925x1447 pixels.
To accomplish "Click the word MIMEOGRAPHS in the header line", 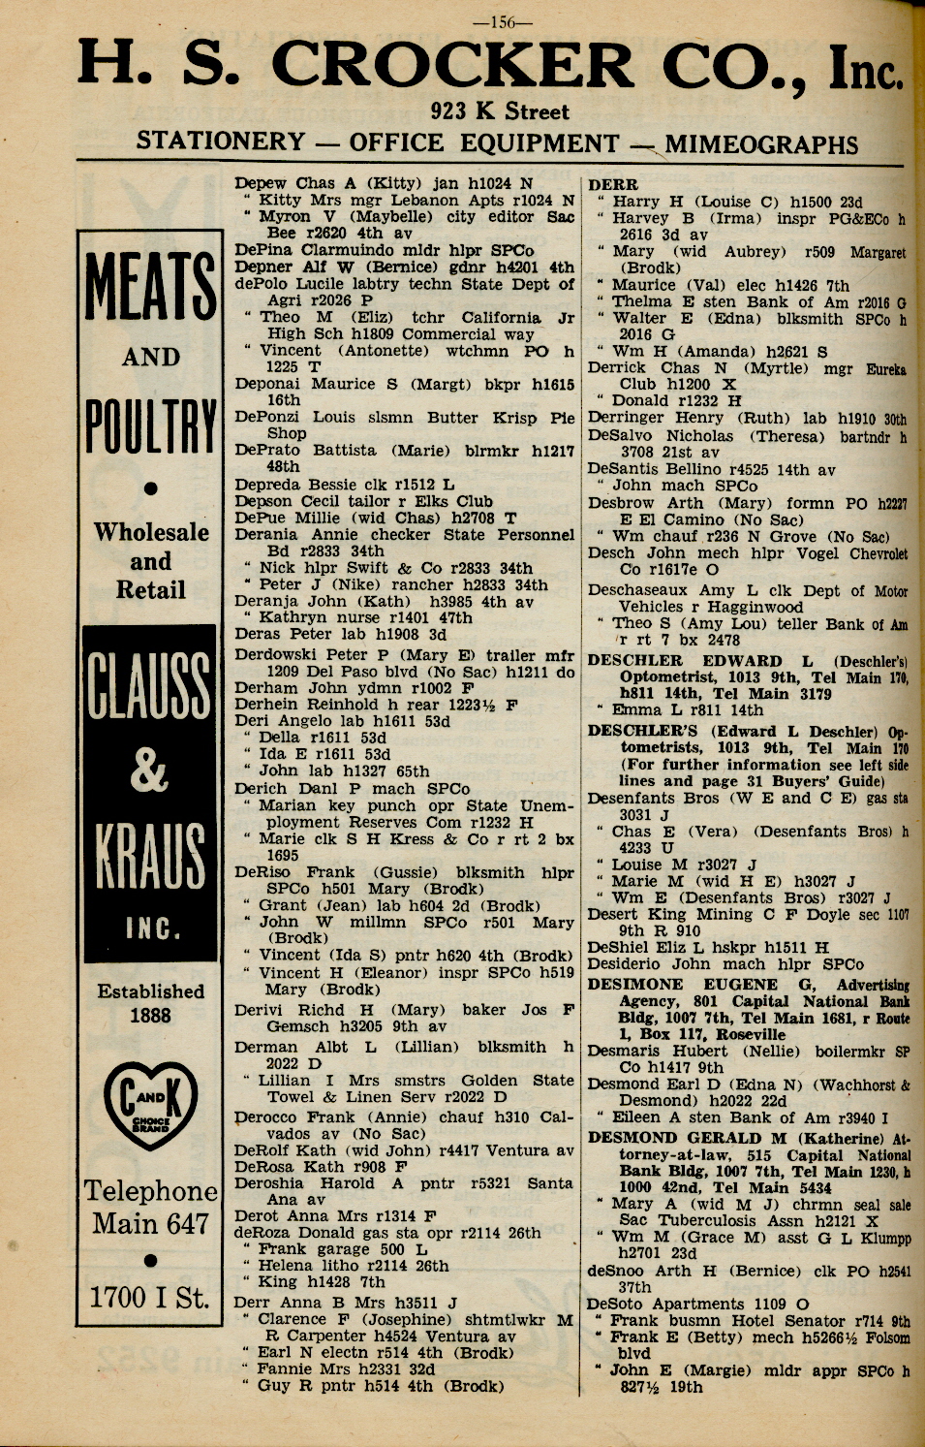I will (x=761, y=144).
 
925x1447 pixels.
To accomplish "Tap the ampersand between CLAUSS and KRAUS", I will (x=150, y=772).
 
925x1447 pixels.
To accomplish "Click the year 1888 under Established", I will (x=150, y=1016).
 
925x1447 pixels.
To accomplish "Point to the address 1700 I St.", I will (x=150, y=1298).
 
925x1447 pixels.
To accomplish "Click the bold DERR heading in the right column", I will (x=613, y=184).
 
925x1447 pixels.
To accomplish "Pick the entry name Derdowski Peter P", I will (x=301, y=654).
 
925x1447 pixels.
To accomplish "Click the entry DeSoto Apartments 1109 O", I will (x=698, y=1304).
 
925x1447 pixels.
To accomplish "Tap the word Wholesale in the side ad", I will (x=151, y=532).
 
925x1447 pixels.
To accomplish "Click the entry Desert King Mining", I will (x=668, y=914).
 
